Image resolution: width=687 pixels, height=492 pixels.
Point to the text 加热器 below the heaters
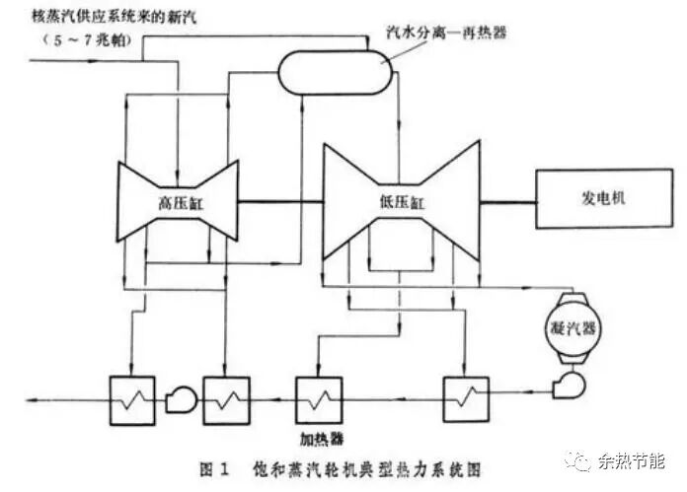point(317,434)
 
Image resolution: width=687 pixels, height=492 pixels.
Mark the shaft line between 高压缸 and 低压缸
point(280,200)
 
